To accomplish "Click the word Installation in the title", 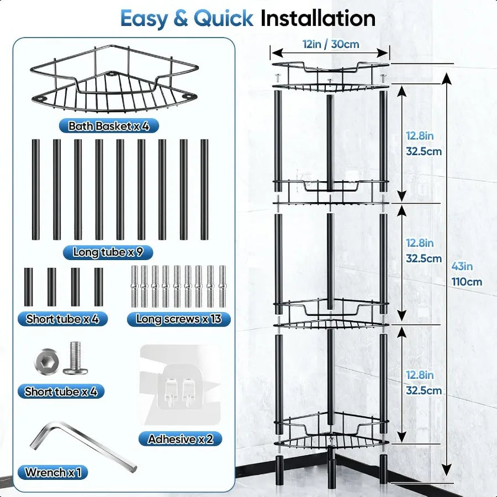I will (x=318, y=18).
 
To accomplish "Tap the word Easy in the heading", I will (x=144, y=18).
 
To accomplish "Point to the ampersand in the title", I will (x=180, y=18).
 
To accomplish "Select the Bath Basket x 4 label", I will (x=109, y=126).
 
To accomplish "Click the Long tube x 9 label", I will (x=108, y=252).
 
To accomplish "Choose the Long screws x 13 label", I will (x=179, y=319).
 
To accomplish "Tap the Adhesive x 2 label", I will (x=180, y=439).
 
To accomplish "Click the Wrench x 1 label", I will (x=53, y=472).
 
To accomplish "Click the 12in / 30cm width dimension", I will (x=330, y=44).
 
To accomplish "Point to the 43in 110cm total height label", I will (x=466, y=274).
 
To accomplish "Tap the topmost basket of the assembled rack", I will (x=330, y=77).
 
